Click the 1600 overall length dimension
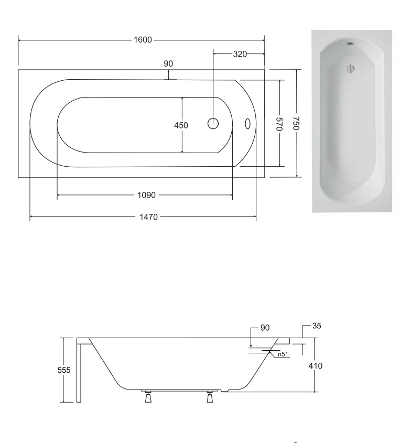143,40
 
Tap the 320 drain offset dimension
240,53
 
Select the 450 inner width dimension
181,125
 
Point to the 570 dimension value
279,124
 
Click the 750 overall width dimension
296,123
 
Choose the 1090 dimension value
146,195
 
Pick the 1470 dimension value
148,217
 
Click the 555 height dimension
64,370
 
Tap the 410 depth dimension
316,366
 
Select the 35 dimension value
317,326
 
